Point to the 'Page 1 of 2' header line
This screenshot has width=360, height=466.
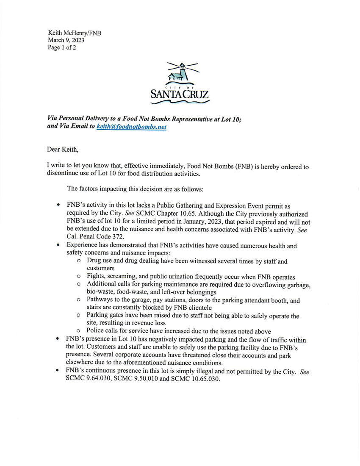62,47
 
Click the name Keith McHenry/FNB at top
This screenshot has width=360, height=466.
74,33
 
